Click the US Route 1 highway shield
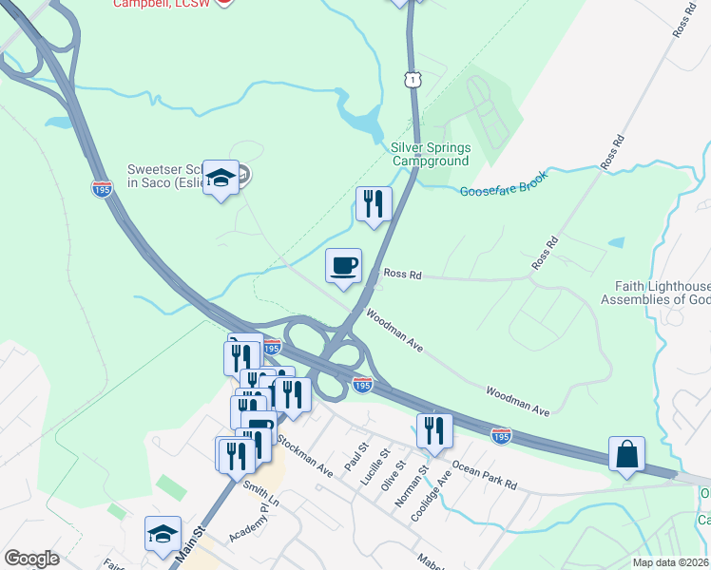pos(413,79)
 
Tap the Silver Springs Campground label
pos(431,154)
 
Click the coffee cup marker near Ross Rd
pos(343,264)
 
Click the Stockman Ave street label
pos(305,456)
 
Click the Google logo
pos(32,559)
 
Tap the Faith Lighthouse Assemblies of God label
pos(654,293)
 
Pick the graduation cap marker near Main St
pos(163,534)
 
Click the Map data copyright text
pos(671,562)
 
